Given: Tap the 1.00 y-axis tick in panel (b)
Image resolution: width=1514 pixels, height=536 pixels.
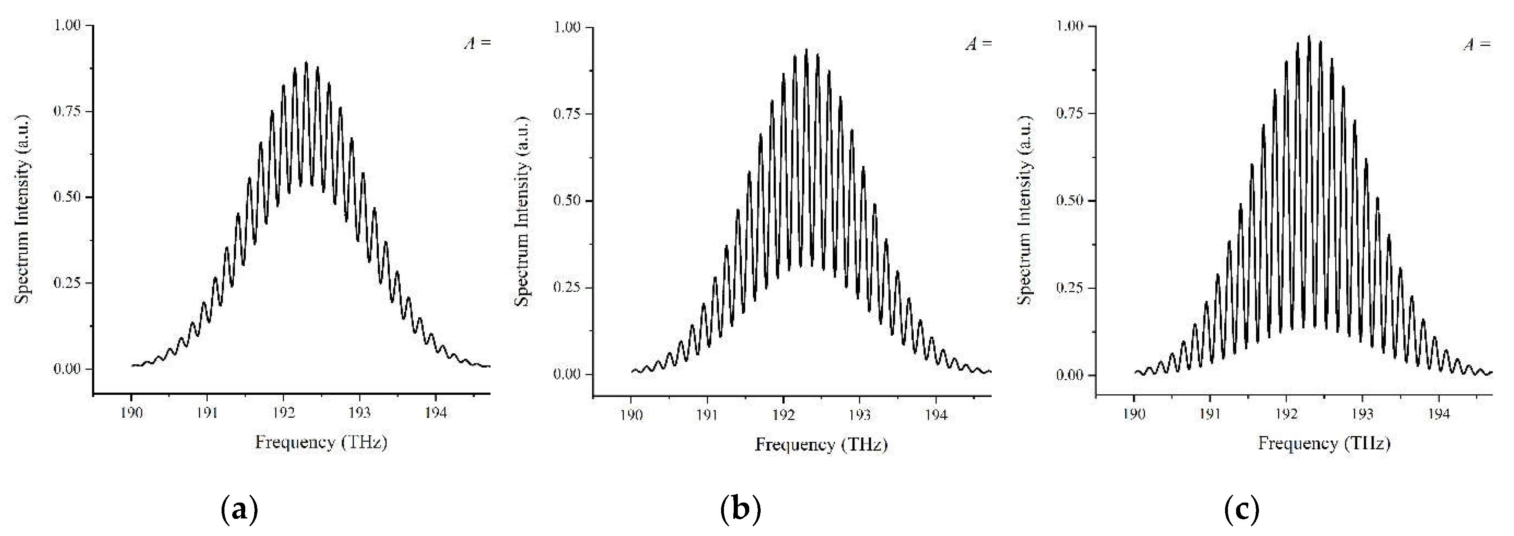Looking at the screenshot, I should tap(568, 28).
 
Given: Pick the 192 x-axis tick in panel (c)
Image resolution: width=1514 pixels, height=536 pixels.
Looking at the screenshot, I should tap(1286, 414).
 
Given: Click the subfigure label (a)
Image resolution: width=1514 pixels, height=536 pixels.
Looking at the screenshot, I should tap(239, 509).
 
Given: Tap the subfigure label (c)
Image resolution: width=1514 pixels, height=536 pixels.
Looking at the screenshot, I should tap(1242, 509).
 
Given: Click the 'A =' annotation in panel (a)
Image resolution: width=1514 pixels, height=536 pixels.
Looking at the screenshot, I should tap(477, 44).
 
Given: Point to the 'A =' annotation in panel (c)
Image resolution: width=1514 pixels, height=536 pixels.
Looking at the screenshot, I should tap(1477, 45).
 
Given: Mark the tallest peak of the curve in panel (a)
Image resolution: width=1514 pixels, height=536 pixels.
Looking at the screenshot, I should tap(306, 62).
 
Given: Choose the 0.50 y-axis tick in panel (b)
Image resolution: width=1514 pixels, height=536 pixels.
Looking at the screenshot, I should tap(568, 201).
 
